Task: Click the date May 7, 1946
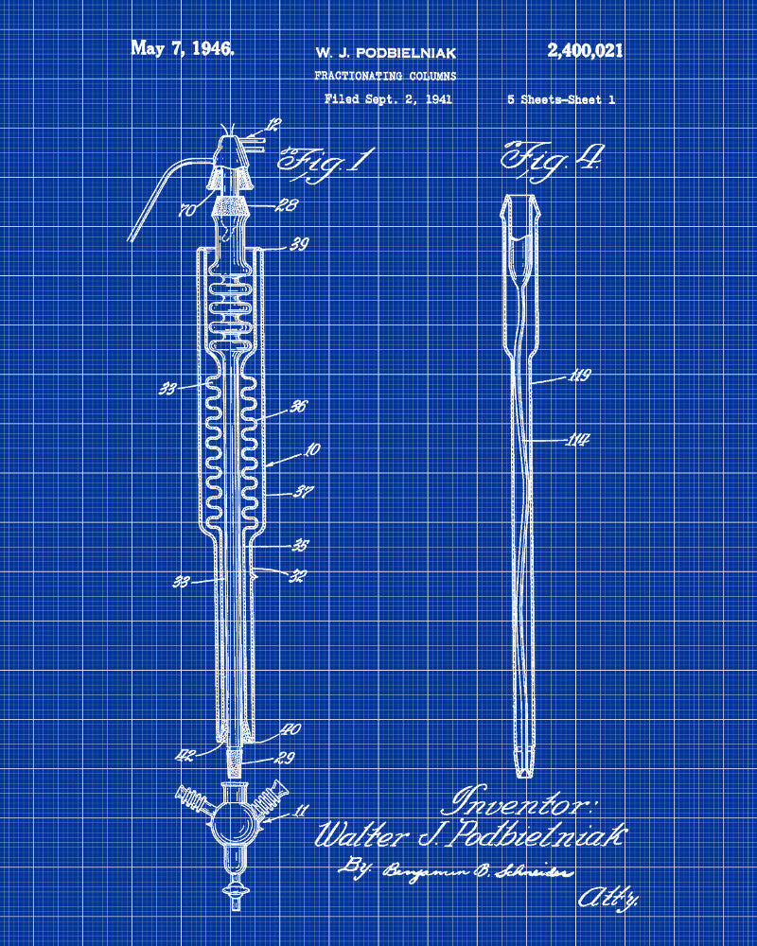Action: coord(183,49)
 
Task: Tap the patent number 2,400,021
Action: coord(585,51)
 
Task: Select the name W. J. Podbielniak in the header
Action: coord(385,53)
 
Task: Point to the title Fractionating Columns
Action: coord(385,76)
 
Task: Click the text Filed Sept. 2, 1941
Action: coord(388,98)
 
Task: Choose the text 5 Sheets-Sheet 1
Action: coord(561,99)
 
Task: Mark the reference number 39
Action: coord(300,245)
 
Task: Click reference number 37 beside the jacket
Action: coord(304,491)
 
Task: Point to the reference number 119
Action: coord(579,377)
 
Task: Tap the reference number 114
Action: coord(578,439)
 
